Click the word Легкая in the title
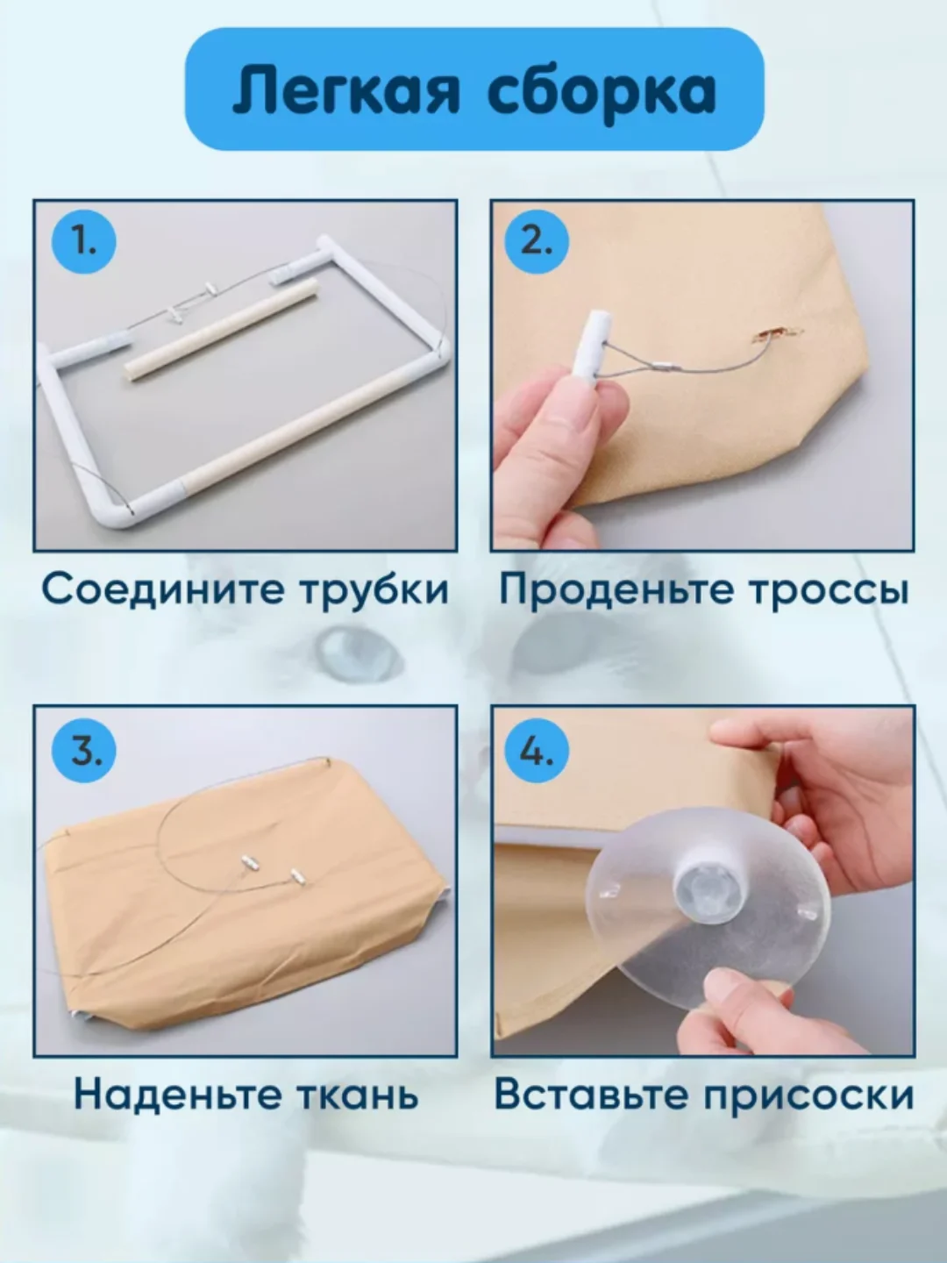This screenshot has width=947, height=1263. pyautogui.click(x=346, y=90)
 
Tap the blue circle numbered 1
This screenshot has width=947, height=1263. pyautogui.click(x=84, y=242)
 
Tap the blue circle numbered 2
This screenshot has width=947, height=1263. pyautogui.click(x=537, y=242)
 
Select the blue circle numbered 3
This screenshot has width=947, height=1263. pyautogui.click(x=84, y=751)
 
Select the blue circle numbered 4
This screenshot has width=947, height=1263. pyautogui.click(x=537, y=751)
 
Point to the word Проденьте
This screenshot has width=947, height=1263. pyautogui.click(x=616, y=590)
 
